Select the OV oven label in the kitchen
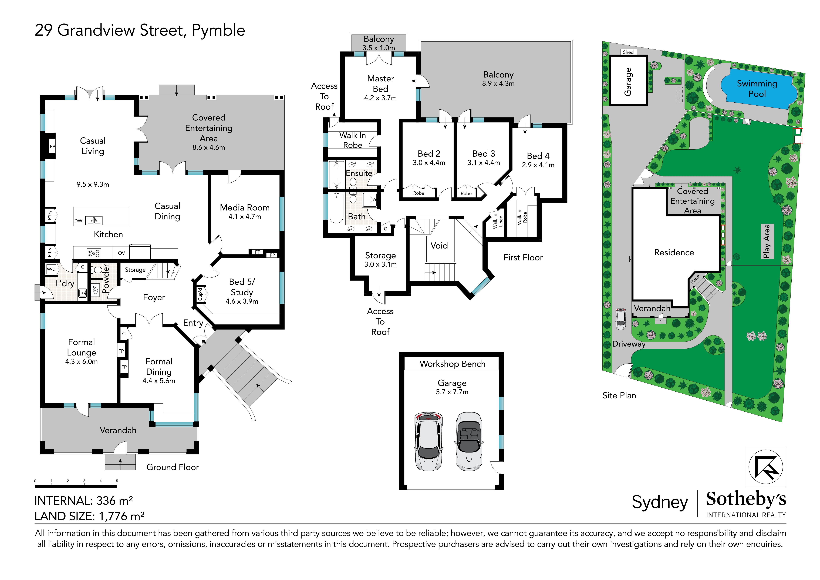[x=122, y=253]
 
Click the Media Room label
[x=245, y=208]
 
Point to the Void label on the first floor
[x=439, y=246]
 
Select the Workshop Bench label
[x=453, y=364]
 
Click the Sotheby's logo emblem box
[x=766, y=467]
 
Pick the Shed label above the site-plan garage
[x=628, y=52]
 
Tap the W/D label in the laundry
[x=51, y=269]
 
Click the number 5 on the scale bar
[x=117, y=481]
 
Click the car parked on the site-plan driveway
[x=621, y=318]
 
